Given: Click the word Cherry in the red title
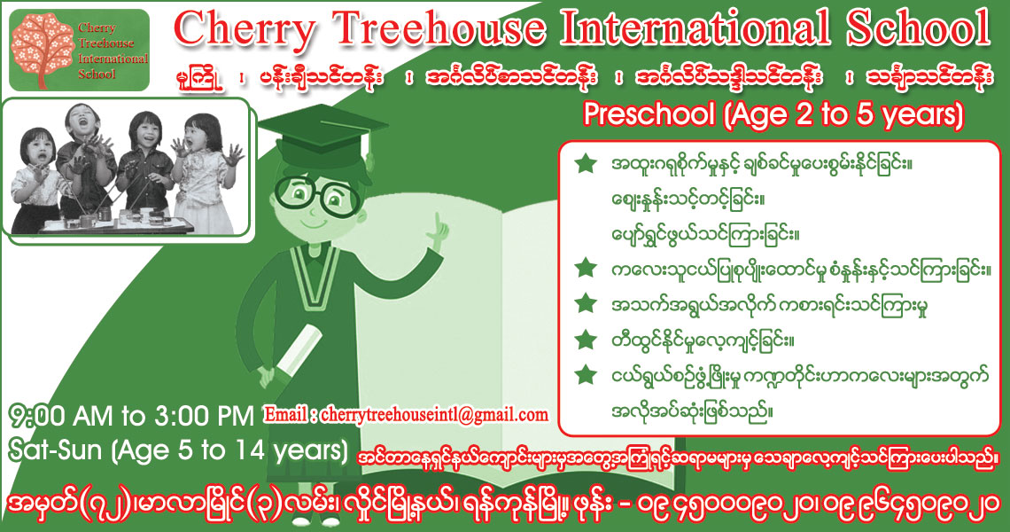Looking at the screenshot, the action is [x=245, y=30].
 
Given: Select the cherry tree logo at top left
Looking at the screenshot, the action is [x=43, y=50].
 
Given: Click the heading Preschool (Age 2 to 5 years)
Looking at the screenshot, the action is [x=773, y=114].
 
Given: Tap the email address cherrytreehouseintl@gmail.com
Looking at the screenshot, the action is [x=434, y=415].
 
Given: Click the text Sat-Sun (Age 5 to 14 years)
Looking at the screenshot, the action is [x=178, y=450].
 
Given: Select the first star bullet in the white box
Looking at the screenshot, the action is [x=586, y=163].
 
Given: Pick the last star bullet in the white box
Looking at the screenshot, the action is [x=586, y=375].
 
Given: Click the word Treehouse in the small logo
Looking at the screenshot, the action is [x=106, y=43].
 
